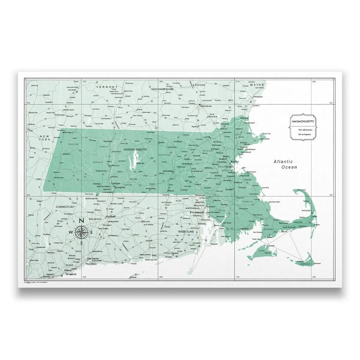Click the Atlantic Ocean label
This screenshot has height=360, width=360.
[x=285, y=164]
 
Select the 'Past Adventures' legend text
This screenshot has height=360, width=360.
[x=305, y=130]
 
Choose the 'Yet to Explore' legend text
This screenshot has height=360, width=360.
[x=304, y=134]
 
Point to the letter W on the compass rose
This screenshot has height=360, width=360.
[x=71, y=232]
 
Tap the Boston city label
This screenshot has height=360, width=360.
[x=235, y=161]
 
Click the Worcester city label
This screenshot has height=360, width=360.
[x=168, y=171]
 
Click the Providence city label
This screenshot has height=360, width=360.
[x=197, y=212]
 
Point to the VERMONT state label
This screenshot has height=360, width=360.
[x=105, y=87]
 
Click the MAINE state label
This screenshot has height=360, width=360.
[x=257, y=85]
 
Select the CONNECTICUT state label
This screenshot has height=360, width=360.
[x=65, y=207]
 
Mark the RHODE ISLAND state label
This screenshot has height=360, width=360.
[x=186, y=232]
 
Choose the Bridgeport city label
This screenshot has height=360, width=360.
[x=71, y=274]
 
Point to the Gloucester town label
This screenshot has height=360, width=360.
[x=265, y=139]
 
